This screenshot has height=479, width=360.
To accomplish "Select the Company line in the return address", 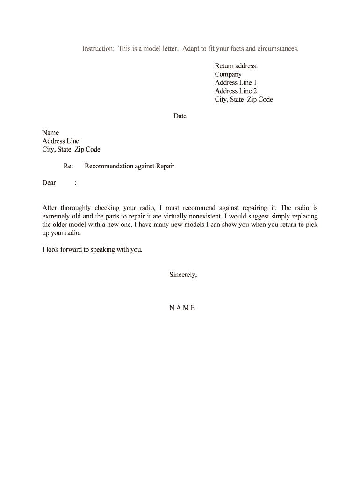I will [228, 74].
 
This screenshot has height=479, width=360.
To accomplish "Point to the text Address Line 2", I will [236, 91].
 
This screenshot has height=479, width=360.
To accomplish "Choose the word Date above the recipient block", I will [180, 116].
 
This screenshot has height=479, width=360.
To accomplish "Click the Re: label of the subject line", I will [68, 166].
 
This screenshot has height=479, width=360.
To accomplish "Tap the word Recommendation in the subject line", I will [109, 166].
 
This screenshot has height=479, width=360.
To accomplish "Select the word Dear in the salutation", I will [49, 183].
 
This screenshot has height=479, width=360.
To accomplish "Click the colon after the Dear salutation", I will [75, 183].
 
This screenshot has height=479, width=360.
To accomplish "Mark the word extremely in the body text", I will [57, 217].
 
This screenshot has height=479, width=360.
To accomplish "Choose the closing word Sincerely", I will [183, 275].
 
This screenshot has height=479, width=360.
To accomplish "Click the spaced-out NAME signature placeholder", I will [182, 308].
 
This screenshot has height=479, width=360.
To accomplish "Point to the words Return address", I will [236, 66].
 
